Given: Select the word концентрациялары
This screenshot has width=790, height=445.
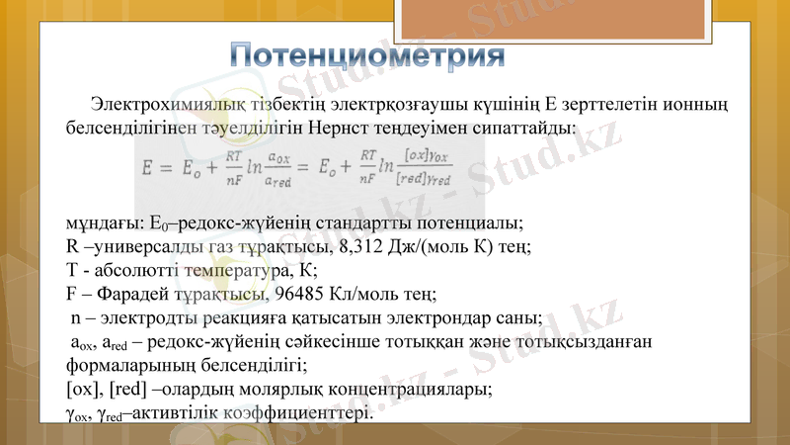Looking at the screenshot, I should [403, 389].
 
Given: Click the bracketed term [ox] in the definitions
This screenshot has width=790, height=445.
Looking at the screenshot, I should [80, 389].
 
